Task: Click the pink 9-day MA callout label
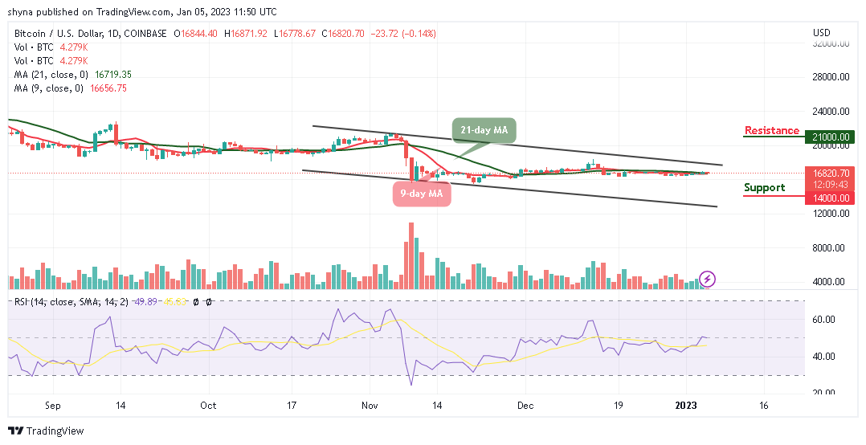point(421,194)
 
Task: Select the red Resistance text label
point(771,130)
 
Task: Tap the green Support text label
point(764,187)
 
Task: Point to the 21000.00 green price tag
point(829,137)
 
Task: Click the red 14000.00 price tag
point(829,197)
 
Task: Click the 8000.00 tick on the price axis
point(829,248)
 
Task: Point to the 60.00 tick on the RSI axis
point(824,319)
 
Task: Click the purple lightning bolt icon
point(707,279)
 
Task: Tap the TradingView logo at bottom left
point(46,431)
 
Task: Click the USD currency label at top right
point(822,33)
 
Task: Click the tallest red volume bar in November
point(411,255)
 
